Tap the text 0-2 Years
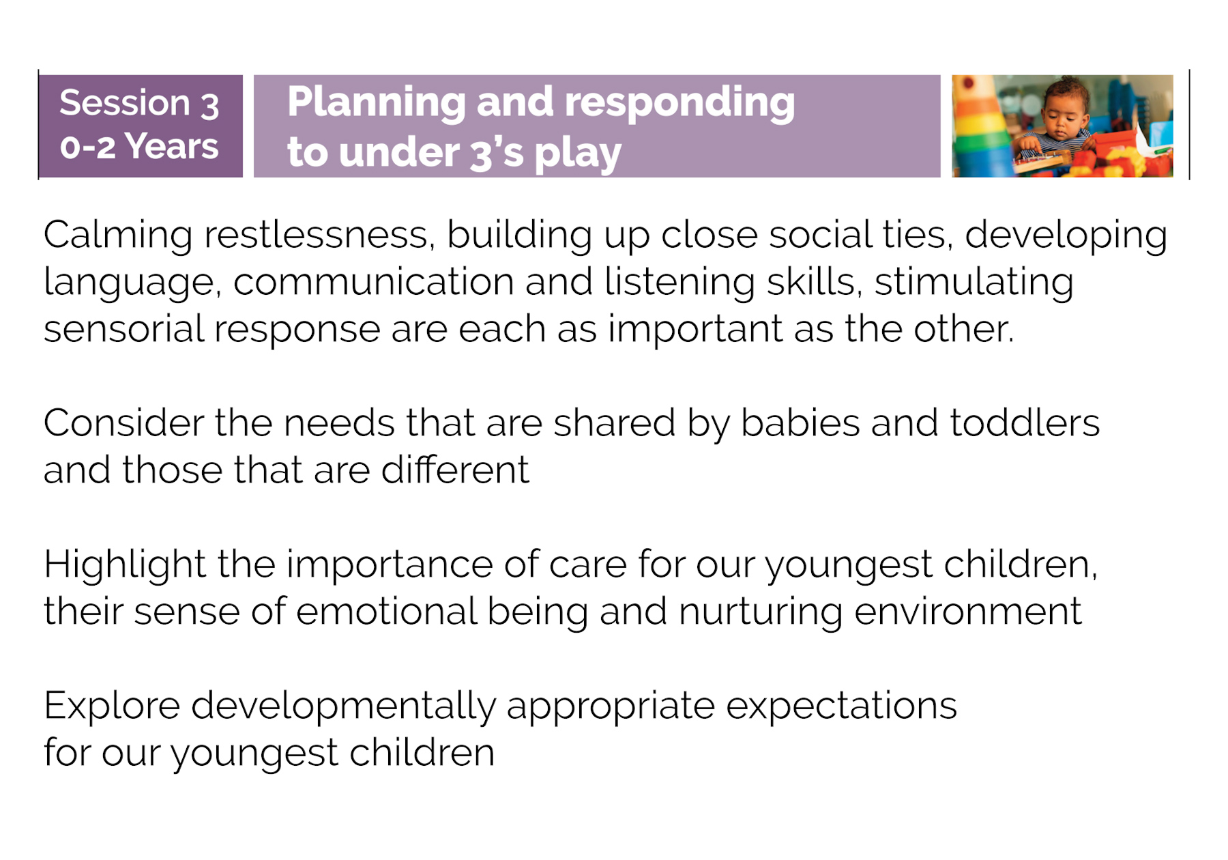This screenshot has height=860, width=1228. pyautogui.click(x=139, y=147)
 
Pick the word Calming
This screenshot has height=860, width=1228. pyautogui.click(x=118, y=235)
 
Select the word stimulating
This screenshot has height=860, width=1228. pyautogui.click(x=974, y=283)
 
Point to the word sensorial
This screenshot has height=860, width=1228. pyautogui.click(x=123, y=329)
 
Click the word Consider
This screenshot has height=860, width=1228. pyautogui.click(x=123, y=423)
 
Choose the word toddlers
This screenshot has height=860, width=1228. pyautogui.click(x=1025, y=423)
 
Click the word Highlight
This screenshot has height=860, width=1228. pyautogui.click(x=125, y=565)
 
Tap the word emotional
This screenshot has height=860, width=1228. pyautogui.click(x=386, y=611)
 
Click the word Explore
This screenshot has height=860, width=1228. pyautogui.click(x=112, y=706)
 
